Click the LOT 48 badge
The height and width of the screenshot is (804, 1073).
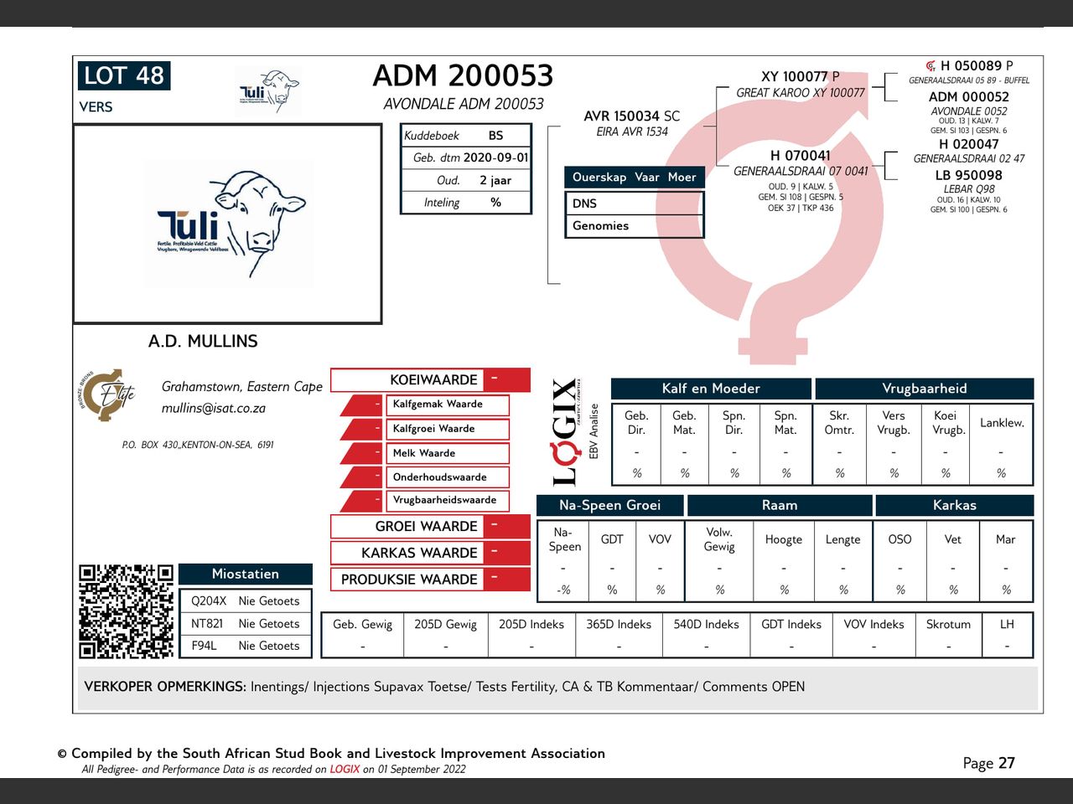(124, 75)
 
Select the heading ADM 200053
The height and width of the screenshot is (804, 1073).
(463, 76)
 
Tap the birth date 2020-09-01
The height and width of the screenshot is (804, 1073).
(495, 157)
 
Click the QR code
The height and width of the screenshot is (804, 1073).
(126, 611)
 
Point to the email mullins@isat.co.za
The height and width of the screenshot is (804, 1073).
(213, 409)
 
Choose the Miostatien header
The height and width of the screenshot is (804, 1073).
(245, 574)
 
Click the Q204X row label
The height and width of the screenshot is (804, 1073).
(209, 601)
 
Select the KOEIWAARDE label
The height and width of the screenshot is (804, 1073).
(433, 379)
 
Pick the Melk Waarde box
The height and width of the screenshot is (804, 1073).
(424, 453)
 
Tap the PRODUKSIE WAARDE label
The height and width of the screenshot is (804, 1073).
(409, 580)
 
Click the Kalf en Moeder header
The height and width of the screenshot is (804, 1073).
(711, 389)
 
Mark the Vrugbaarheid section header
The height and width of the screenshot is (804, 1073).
(924, 389)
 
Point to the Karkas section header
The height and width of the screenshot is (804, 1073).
(954, 505)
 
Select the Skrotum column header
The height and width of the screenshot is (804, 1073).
(948, 625)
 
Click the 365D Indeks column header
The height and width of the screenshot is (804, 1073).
(619, 625)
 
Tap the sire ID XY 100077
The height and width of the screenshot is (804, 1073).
(795, 77)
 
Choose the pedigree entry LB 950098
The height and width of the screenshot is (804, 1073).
(968, 175)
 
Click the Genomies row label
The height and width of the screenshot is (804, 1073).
(600, 226)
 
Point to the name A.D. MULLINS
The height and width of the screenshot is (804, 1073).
(203, 341)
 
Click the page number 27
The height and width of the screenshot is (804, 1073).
(1006, 763)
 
